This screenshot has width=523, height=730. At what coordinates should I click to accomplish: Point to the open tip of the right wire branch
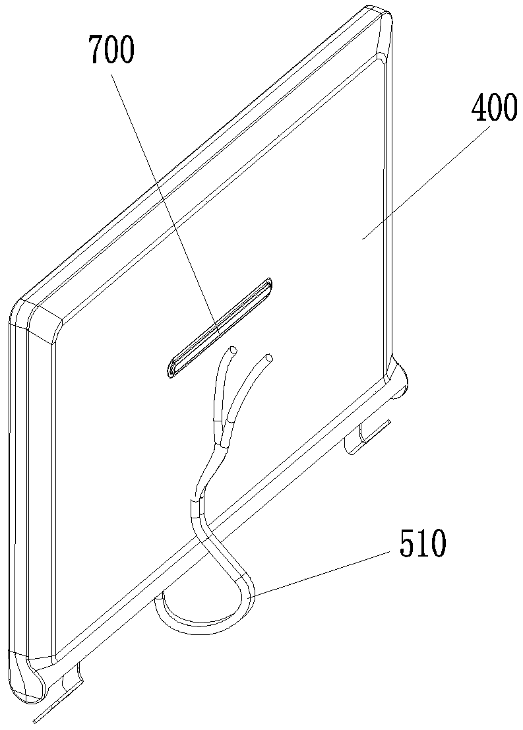[x=268, y=359]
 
